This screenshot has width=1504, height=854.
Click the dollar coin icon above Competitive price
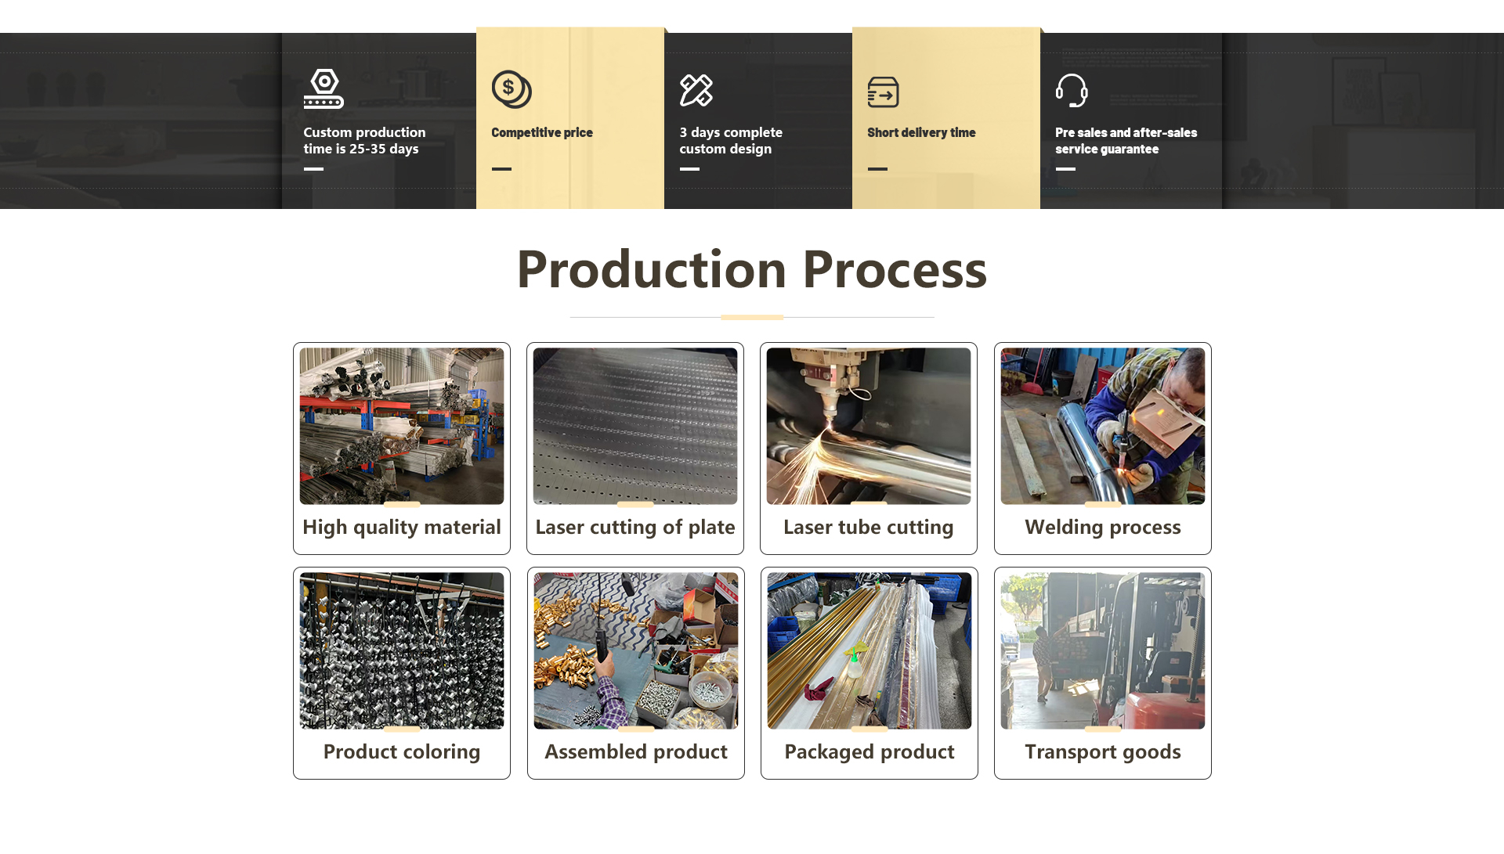pos(512,89)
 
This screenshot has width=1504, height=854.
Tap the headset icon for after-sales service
pos(1072,90)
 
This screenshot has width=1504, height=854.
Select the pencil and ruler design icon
pos(696,90)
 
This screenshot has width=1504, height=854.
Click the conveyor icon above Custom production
pos(324,88)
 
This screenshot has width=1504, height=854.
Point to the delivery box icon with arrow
pos(883,92)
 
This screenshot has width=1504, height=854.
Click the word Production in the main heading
pos(652,269)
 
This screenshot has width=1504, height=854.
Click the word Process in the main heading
pos(895,269)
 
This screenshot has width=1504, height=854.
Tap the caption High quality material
pos(402,528)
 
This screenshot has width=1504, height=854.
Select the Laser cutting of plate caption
pos(635,528)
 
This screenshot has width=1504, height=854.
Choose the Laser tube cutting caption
pos(869,528)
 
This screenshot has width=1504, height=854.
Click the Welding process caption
pos(1103,528)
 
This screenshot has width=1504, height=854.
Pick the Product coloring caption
pos(402,752)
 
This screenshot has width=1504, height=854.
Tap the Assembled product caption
pos(636,752)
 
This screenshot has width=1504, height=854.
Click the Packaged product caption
pos(869,752)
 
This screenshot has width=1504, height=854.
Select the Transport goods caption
pos(1103,752)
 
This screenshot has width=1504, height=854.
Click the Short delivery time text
pos(921,133)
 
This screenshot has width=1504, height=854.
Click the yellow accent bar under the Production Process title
pos(752,318)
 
